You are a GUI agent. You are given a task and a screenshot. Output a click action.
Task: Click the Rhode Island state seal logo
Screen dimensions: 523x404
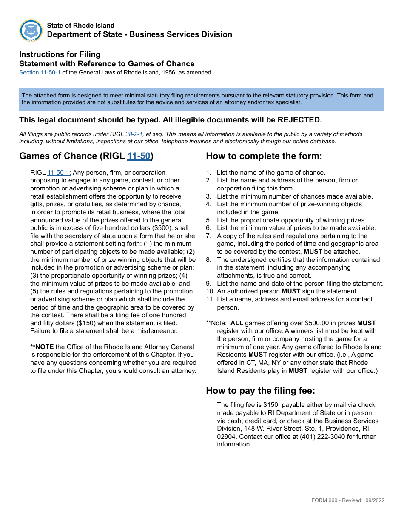31,31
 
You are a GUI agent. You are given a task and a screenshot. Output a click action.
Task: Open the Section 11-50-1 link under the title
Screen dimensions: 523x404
40,73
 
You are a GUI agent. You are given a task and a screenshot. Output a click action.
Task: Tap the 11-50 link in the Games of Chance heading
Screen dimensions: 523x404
139,156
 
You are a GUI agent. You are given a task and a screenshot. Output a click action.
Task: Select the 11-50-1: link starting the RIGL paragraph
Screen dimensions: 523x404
59,173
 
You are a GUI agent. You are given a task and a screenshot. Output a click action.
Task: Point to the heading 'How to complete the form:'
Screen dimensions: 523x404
264,156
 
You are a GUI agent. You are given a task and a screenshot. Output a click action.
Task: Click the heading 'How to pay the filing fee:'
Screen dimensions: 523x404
260,391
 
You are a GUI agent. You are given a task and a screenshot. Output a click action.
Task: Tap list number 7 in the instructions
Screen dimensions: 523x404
208,236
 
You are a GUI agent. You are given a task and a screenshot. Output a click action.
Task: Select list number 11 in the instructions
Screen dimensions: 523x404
210,299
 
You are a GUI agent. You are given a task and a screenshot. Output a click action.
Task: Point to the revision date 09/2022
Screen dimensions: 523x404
375,500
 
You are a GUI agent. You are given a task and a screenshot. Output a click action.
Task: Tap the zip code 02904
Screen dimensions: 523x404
226,437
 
